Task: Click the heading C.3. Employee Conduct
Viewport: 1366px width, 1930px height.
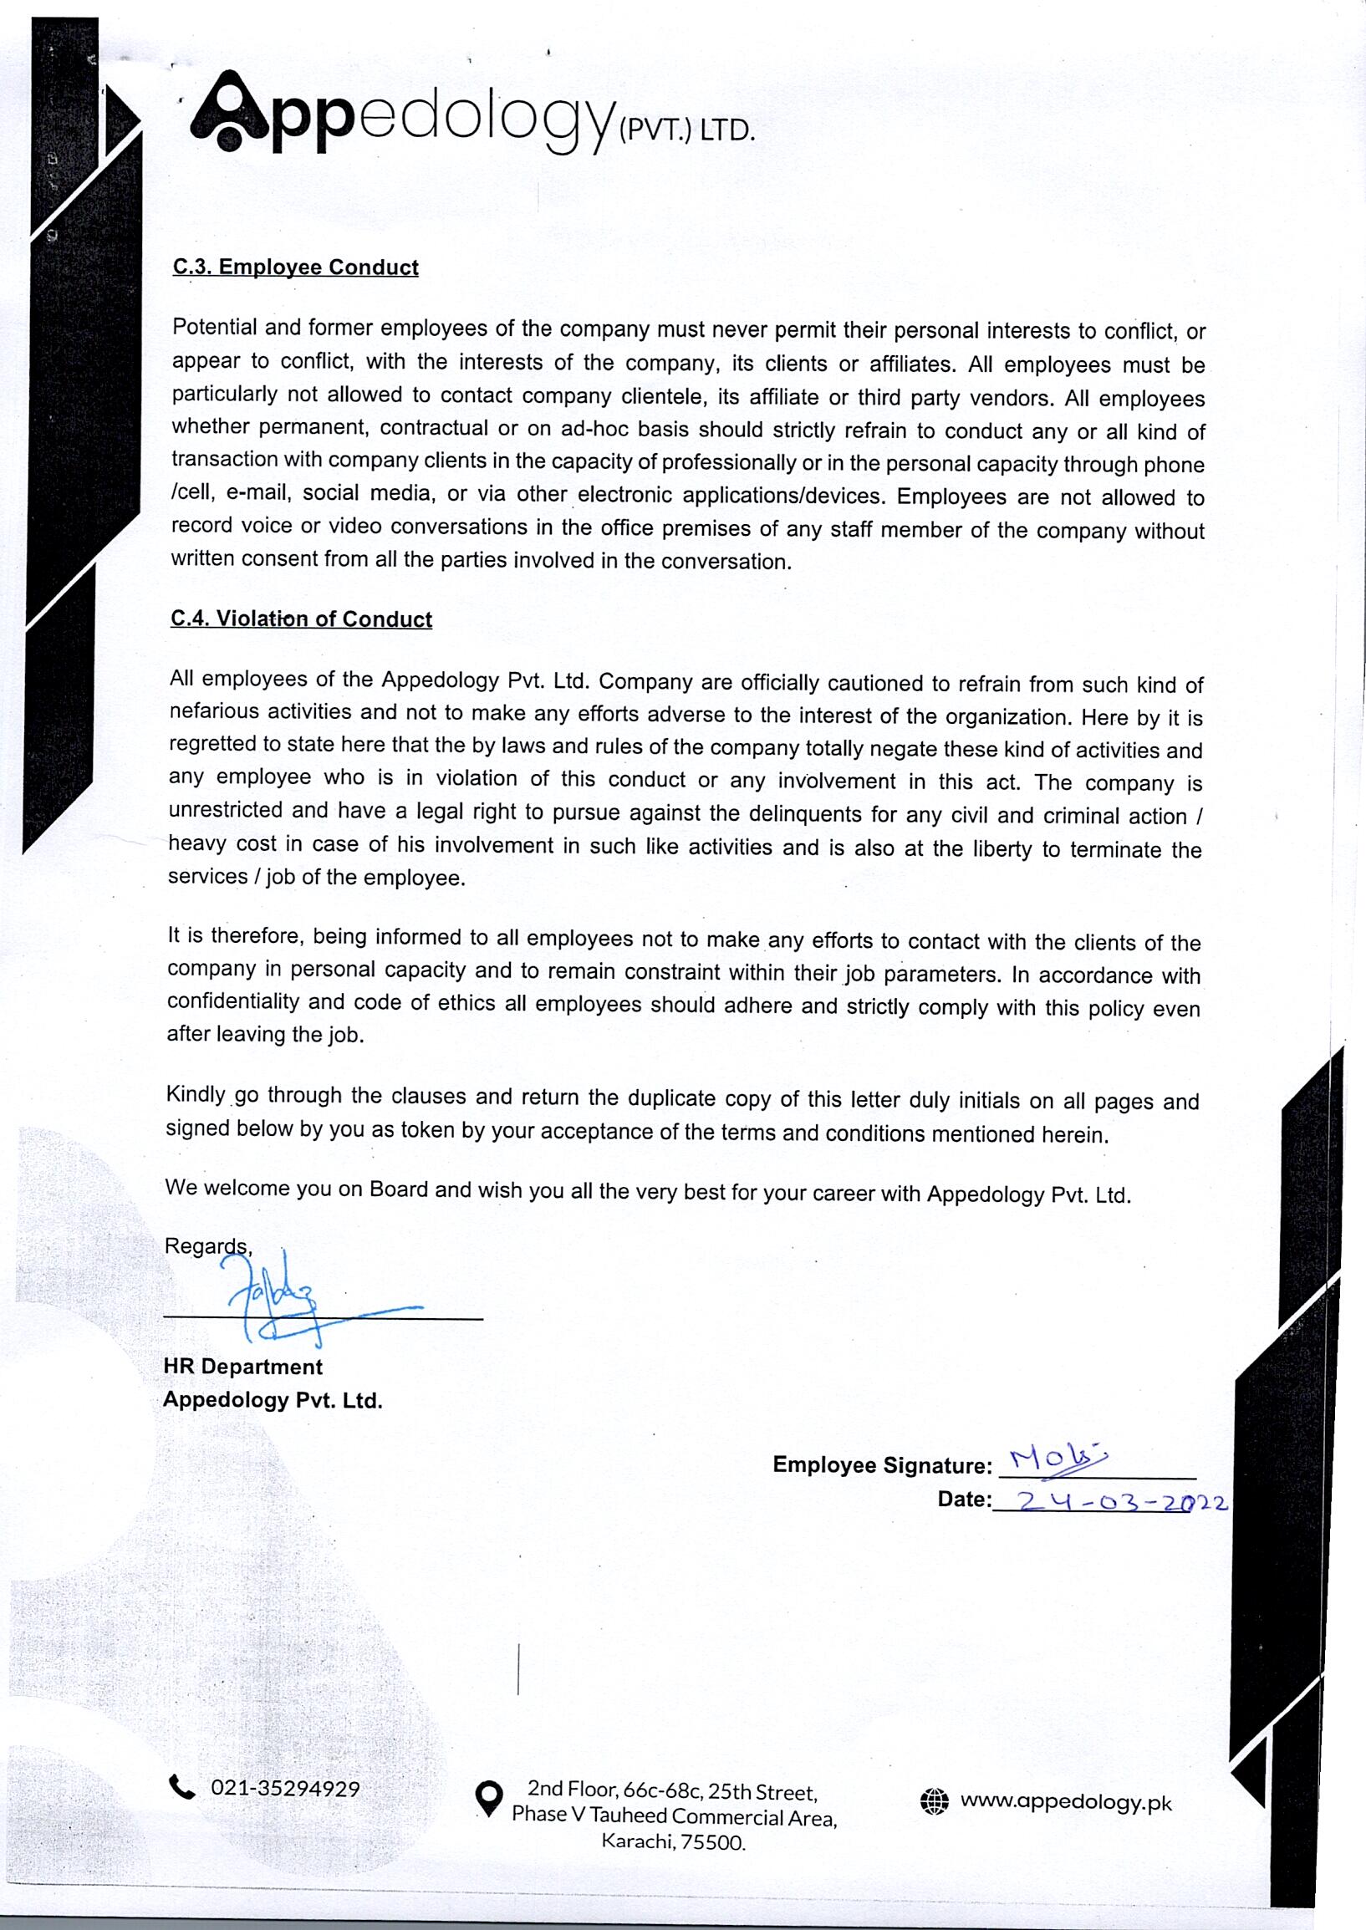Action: coord(295,267)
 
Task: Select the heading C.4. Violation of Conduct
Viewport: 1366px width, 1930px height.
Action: coord(301,619)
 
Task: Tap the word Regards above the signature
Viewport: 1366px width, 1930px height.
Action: coord(207,1245)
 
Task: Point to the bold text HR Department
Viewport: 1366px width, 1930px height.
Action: coord(243,1367)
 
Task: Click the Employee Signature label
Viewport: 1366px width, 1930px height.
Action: coord(882,1465)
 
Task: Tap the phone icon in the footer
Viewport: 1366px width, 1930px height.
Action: coord(181,1786)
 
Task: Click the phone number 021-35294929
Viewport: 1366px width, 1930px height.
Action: coord(285,1788)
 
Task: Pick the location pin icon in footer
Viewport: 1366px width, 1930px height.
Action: coord(489,1798)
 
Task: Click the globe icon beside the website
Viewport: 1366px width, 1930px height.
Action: coord(935,1801)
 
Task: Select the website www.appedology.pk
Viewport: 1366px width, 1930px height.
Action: coord(1066,1802)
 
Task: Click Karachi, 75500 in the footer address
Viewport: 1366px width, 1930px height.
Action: coord(673,1842)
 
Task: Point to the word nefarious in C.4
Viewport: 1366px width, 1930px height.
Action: coord(214,711)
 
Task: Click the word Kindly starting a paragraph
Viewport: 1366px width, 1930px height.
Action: coord(195,1094)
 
